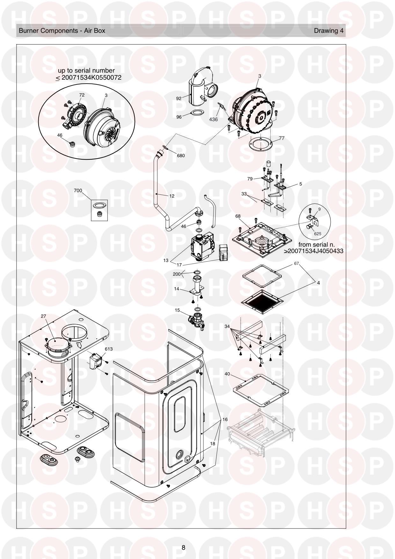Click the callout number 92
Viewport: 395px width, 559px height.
[x=179, y=98]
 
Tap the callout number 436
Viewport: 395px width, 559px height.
[x=213, y=120]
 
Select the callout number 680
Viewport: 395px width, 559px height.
[x=181, y=156]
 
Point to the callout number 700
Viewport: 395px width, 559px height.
[x=78, y=191]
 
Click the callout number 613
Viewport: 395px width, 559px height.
[x=109, y=349]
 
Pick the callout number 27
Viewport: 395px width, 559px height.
[x=43, y=316]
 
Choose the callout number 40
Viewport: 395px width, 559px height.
[x=227, y=374]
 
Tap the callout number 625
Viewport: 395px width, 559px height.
[x=318, y=234]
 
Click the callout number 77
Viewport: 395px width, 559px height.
[x=282, y=138]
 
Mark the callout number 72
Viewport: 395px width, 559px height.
[x=82, y=95]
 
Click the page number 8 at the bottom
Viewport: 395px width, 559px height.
[x=183, y=548]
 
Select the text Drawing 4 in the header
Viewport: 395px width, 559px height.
[x=329, y=31]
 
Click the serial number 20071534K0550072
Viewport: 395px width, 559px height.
[x=91, y=77]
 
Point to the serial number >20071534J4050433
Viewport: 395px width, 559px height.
[x=313, y=251]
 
